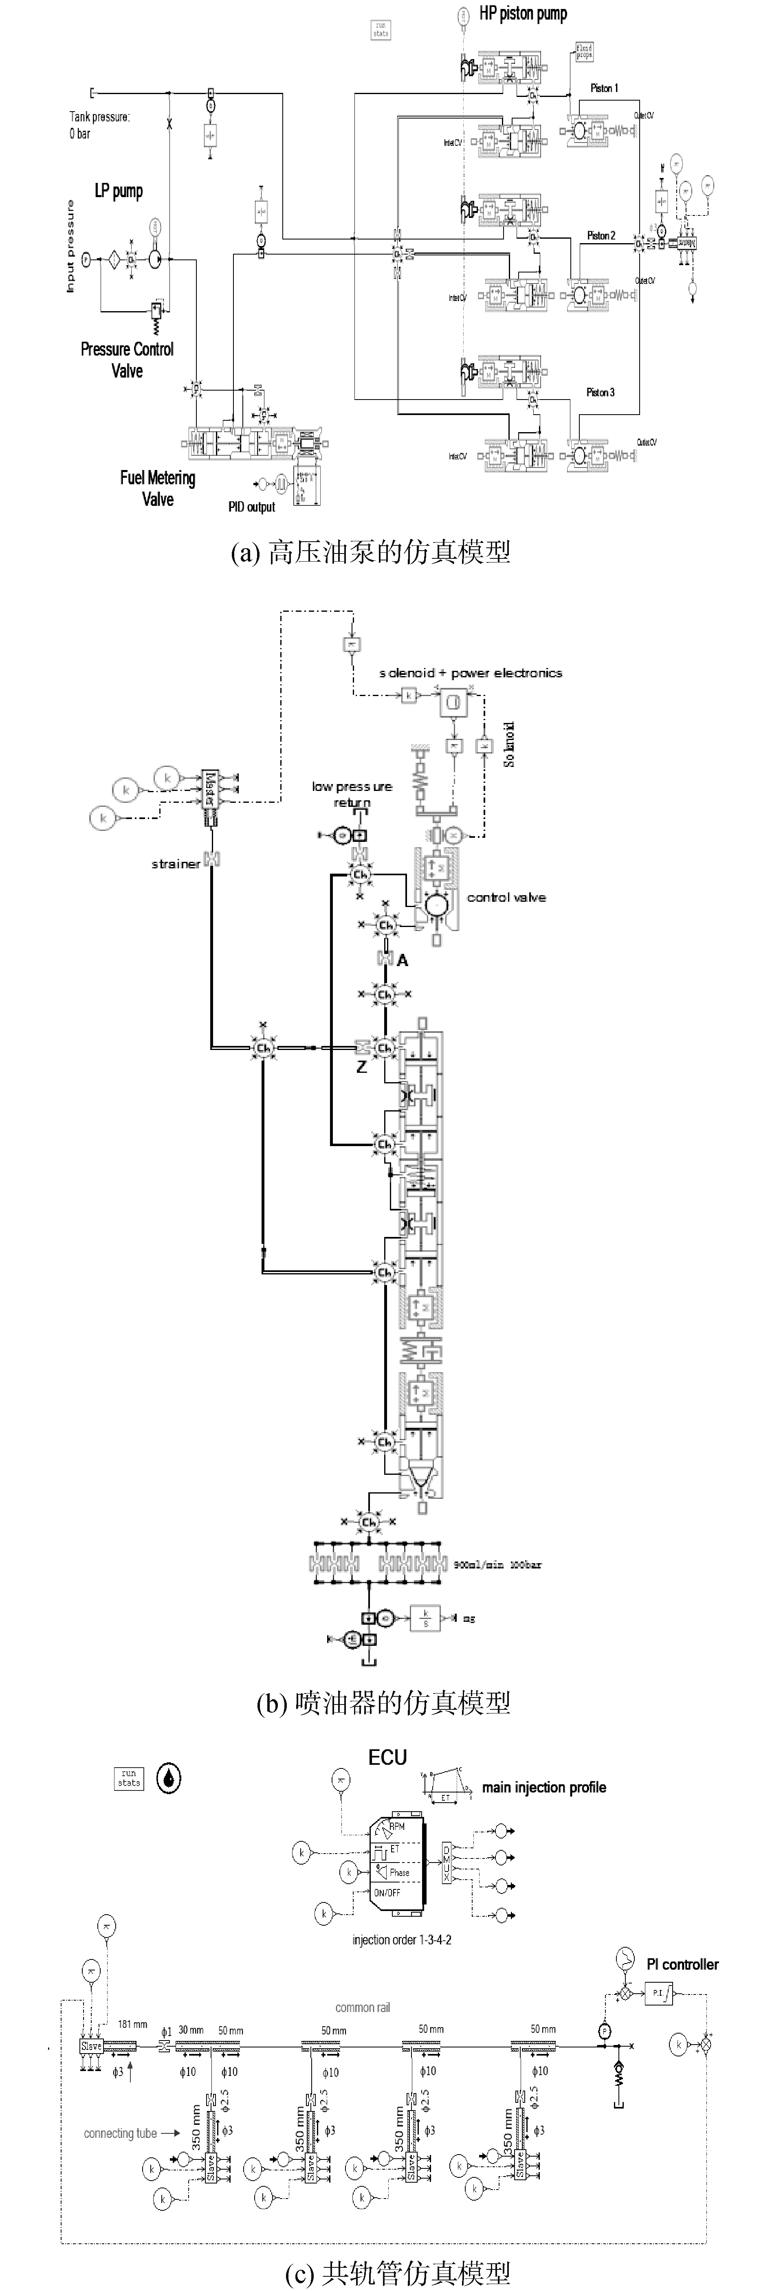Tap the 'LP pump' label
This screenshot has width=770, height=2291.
(x=119, y=191)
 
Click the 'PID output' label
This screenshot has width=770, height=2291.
(x=252, y=507)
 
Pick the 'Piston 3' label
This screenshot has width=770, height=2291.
(x=600, y=392)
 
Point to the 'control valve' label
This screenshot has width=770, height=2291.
(x=506, y=897)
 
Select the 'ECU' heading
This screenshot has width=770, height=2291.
(x=388, y=1757)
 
